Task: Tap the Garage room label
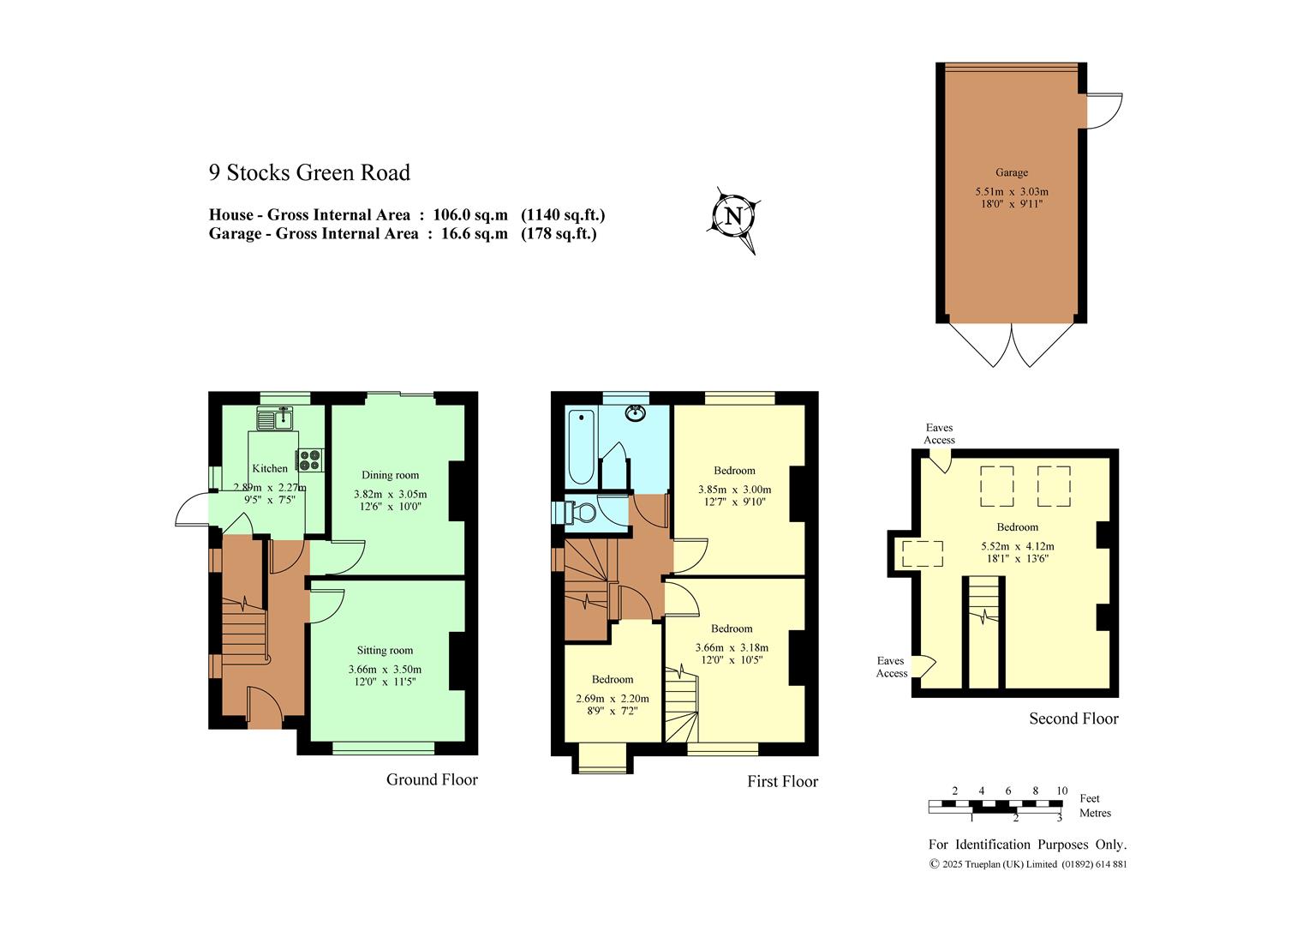(1012, 172)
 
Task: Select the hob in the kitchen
(310, 460)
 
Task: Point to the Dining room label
(390, 475)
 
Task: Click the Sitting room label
(385, 650)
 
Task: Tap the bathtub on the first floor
(582, 447)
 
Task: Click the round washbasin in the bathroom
(635, 413)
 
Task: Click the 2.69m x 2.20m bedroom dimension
(613, 699)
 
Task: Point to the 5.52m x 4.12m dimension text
(1018, 546)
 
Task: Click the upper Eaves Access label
(939, 434)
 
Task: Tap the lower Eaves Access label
(891, 667)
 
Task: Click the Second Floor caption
(1073, 719)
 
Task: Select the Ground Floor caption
(432, 779)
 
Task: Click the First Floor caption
(782, 781)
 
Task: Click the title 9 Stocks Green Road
(310, 172)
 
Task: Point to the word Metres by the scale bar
(1095, 813)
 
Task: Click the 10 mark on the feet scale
(1061, 791)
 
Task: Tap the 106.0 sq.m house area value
(470, 214)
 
